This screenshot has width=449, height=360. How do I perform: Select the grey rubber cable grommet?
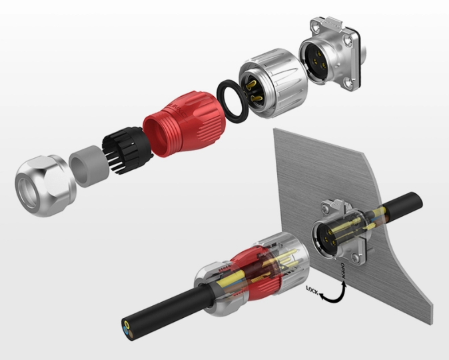point(89,167)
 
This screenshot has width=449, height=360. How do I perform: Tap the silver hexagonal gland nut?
point(45,186)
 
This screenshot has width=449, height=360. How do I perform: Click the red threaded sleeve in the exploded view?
point(185,123)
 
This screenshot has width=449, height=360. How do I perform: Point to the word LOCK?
point(312,291)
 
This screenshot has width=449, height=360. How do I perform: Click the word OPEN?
point(343,271)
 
